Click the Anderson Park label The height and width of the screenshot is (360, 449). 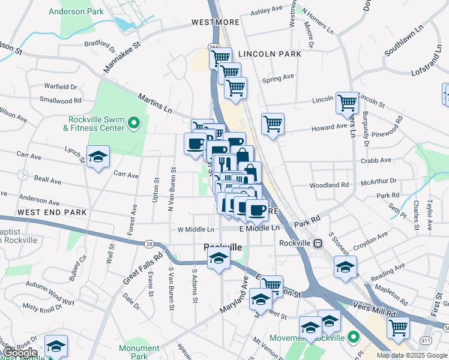point(76,11)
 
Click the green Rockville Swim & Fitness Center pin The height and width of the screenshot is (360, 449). point(133,124)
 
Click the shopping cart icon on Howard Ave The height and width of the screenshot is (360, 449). point(273,124)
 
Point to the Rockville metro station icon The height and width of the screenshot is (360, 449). point(318,243)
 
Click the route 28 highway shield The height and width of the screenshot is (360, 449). point(148,243)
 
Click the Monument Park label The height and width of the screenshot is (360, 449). point(139,352)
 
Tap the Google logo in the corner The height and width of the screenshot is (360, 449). point(20,353)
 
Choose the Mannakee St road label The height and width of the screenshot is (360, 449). point(121,57)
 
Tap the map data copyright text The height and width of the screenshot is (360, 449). point(412,355)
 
